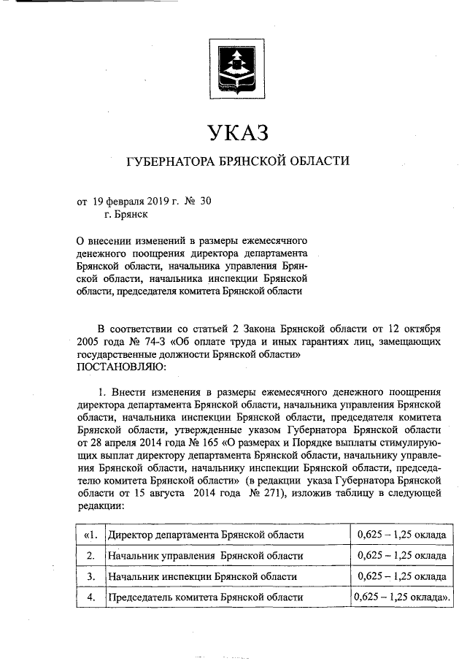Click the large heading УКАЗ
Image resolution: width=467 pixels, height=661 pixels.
coord(238,133)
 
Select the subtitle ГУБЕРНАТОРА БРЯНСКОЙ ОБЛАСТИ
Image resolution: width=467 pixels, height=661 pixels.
coord(238,161)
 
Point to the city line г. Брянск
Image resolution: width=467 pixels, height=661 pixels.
coord(126,214)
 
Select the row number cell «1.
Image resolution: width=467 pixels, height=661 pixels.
coord(90,535)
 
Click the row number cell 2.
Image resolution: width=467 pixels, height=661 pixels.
coord(90,556)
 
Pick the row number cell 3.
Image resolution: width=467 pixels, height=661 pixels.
coord(90,576)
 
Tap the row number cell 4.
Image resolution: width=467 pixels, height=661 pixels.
coord(90,597)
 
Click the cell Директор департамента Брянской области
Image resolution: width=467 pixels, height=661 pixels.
coord(205,535)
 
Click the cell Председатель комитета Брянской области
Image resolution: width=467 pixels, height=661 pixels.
coord(205,597)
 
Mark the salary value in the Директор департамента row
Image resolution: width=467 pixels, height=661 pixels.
coord(401,535)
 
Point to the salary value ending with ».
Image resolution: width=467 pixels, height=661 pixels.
coord(401,597)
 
